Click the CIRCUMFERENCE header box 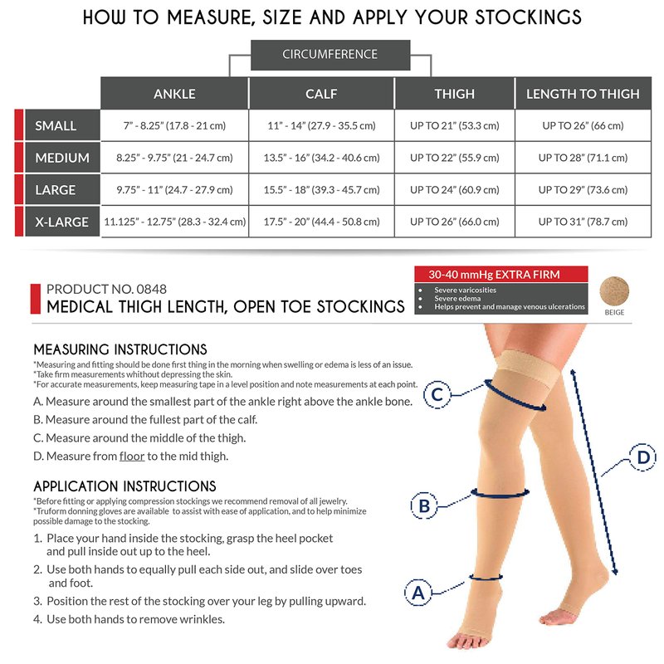330,55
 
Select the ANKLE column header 174,93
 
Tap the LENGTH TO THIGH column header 583,93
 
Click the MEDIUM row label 62,158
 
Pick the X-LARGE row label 62,222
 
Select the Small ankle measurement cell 174,125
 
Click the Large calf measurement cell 321,190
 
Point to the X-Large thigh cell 454,222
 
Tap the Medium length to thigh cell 583,158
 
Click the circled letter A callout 418,593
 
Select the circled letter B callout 424,505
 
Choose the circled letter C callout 437,394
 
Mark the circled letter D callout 642,457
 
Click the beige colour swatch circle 614,291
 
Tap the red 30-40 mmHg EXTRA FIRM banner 501,274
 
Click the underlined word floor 132,456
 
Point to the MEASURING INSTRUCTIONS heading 120,349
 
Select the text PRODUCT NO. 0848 106,289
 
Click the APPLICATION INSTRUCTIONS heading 124,486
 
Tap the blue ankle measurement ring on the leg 486,577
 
